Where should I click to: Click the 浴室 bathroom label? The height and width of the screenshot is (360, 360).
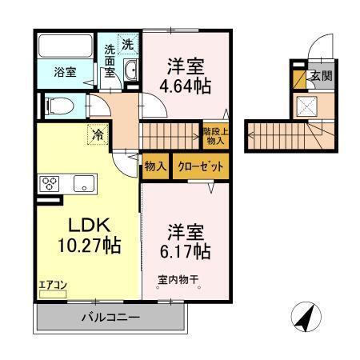point(65,72)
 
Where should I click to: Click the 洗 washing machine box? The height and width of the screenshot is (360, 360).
point(128,42)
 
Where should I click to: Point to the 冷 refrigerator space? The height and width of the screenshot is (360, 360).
point(98,135)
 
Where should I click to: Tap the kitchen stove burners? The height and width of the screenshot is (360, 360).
point(49,183)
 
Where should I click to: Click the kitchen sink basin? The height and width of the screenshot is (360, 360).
point(84,184)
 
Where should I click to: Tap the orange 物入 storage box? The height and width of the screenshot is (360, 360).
point(155,166)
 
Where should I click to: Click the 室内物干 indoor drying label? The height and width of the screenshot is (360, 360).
point(177,280)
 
